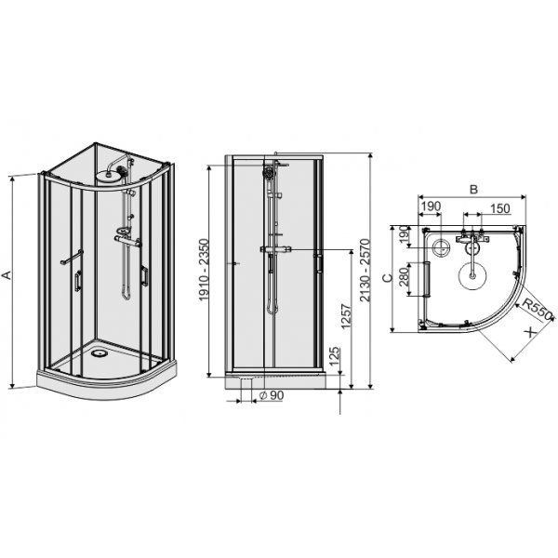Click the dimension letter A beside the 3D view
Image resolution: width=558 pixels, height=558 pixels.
click(x=7, y=276)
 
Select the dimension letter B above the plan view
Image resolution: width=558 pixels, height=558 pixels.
click(x=472, y=189)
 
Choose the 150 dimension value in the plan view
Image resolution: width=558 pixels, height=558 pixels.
click(x=498, y=208)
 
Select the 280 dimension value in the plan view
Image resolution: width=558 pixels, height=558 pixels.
click(x=402, y=278)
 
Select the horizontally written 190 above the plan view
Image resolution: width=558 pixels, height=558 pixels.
click(x=431, y=208)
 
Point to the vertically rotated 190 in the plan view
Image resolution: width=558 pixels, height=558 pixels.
click(x=402, y=238)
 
